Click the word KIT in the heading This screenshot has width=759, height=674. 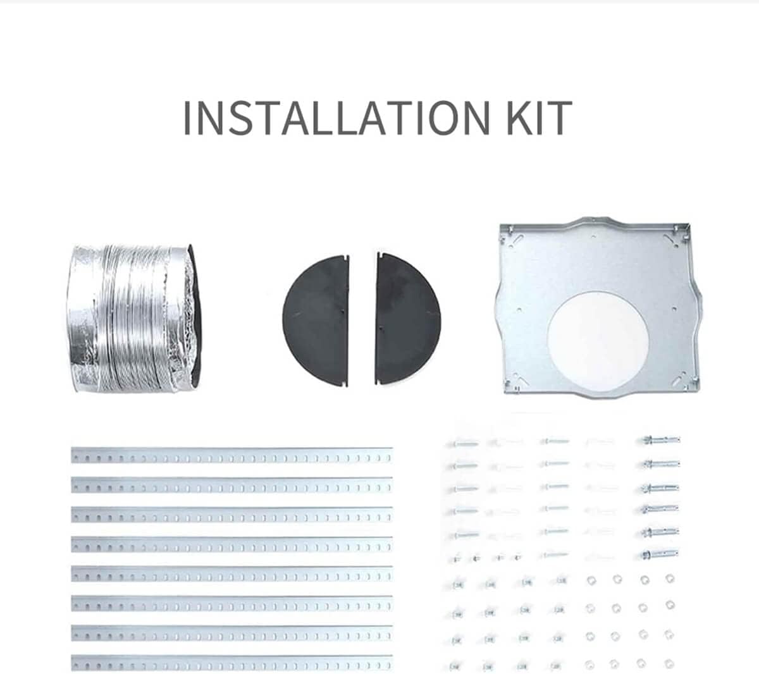[540, 118]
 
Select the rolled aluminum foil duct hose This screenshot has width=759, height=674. [133, 318]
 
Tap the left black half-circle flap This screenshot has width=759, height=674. [316, 321]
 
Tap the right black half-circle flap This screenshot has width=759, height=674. [407, 319]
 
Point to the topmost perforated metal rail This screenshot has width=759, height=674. [232, 455]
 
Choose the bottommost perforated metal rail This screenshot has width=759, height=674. [232, 663]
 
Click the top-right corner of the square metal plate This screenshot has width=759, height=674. [689, 224]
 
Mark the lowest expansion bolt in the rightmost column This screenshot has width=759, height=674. [659, 554]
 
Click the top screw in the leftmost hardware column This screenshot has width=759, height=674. [464, 444]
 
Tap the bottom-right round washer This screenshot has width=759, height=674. [669, 664]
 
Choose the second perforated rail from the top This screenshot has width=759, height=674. [232, 485]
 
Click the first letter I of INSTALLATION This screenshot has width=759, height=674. [187, 118]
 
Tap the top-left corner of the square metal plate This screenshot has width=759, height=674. [500, 225]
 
